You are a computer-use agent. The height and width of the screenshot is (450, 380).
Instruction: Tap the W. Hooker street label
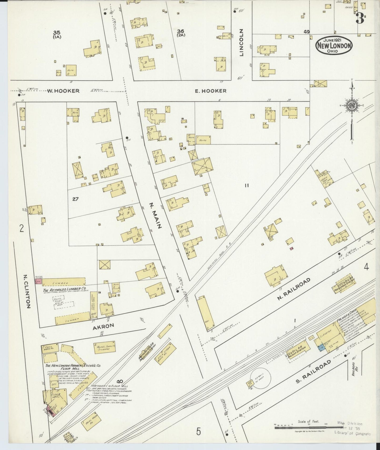(x=63, y=91)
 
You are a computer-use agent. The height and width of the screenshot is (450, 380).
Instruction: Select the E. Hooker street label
(x=210, y=91)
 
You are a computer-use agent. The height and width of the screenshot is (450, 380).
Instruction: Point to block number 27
(x=75, y=199)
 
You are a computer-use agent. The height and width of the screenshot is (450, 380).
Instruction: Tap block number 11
(x=246, y=186)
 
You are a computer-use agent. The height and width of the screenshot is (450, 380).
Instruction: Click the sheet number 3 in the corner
(x=360, y=18)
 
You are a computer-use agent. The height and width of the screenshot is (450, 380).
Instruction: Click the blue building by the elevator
(x=321, y=348)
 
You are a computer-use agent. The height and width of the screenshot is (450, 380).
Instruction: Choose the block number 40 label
(x=120, y=381)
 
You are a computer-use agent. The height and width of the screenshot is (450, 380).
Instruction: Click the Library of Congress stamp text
(x=352, y=434)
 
